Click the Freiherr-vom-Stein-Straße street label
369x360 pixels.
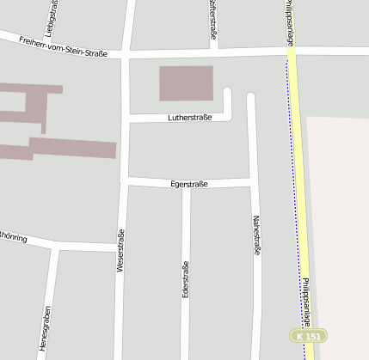click(62, 47)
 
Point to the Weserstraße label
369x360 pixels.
click(120, 251)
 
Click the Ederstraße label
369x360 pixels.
click(186, 279)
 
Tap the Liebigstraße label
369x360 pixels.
click(52, 19)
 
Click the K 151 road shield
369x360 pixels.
click(307, 336)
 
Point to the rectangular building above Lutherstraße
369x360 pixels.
click(186, 83)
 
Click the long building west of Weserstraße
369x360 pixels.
click(72, 149)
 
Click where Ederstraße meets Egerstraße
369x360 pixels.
click(186, 184)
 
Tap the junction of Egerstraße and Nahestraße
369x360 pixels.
click(252, 182)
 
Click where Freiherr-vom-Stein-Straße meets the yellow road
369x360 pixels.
click(292, 52)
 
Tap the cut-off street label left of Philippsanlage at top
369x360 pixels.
click(212, 15)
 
